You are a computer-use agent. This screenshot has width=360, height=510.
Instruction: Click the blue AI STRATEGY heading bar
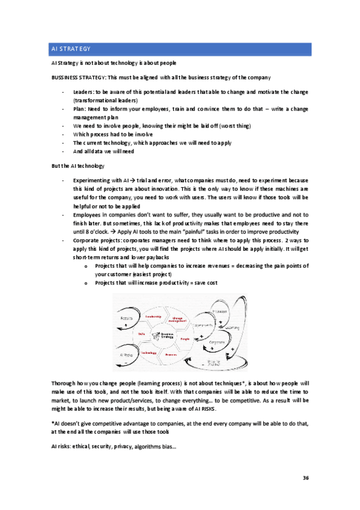(180, 49)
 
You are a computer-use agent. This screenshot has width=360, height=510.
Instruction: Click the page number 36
(305, 478)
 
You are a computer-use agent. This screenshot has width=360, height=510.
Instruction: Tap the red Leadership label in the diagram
(153, 316)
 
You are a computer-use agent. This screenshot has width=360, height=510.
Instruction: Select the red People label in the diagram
(185, 339)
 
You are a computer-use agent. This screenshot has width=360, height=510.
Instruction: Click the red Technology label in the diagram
(149, 353)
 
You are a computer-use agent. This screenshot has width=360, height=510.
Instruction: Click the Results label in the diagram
(126, 318)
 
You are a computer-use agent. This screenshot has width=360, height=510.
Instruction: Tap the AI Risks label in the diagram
(126, 355)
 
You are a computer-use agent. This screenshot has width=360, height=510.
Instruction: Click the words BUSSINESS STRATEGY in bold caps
(79, 77)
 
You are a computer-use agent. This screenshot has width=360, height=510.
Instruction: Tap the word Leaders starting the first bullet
(83, 92)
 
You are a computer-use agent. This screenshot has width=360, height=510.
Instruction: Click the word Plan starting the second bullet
(78, 109)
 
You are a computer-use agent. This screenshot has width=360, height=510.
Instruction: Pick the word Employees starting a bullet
(87, 214)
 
